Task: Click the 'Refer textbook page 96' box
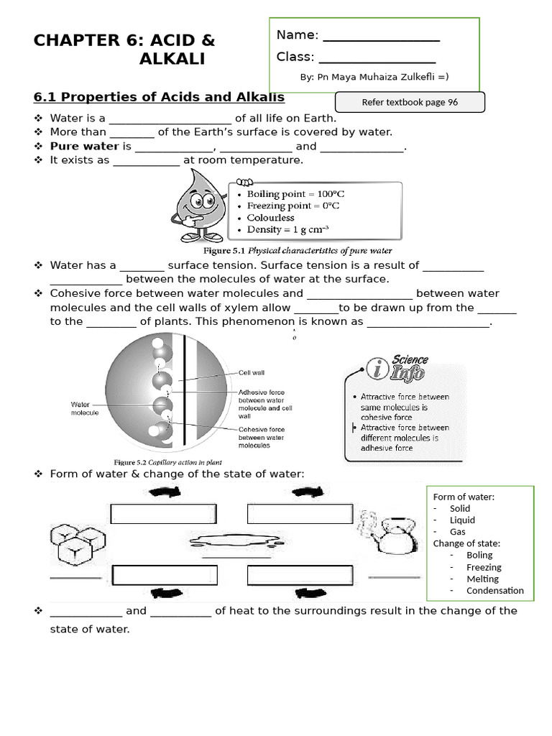click(410, 102)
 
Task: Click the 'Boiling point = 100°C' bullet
click(295, 194)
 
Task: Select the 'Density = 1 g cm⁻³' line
click(287, 229)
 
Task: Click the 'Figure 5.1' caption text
click(298, 251)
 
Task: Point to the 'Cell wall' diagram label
click(252, 372)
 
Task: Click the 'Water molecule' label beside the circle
click(85, 408)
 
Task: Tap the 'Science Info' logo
click(397, 367)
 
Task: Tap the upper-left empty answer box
click(164, 513)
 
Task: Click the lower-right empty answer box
click(300, 576)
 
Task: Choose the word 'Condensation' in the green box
click(494, 591)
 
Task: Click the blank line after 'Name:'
click(381, 36)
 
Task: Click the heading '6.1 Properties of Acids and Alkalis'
click(159, 97)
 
